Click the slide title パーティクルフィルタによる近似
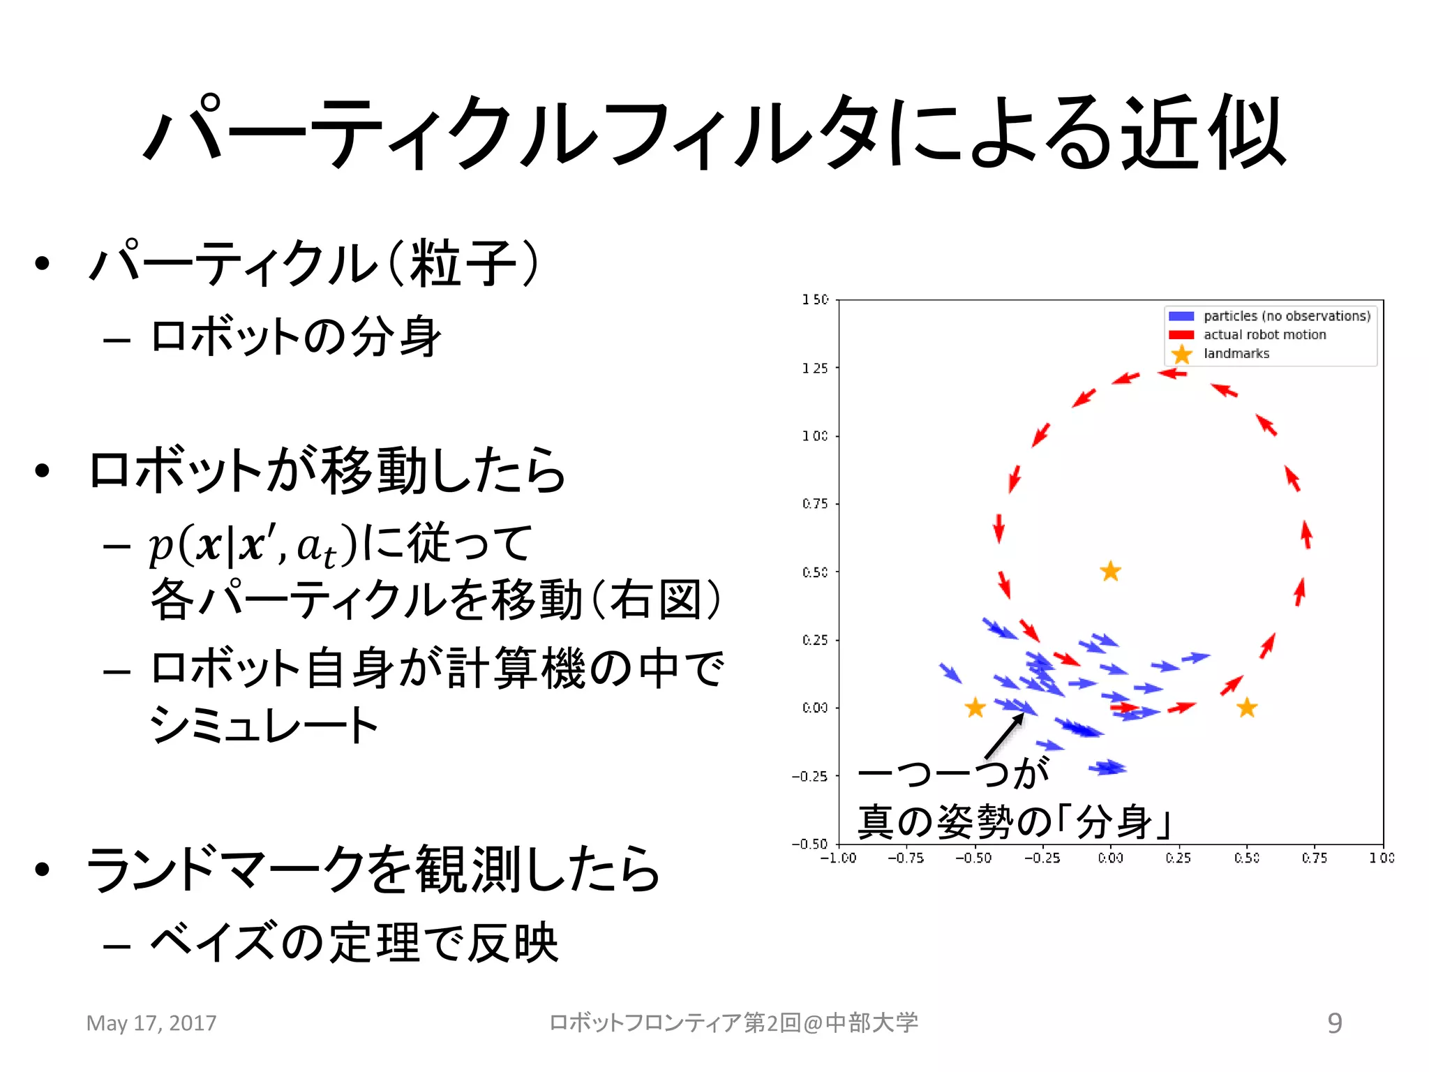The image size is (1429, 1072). [714, 133]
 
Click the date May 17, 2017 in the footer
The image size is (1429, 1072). [151, 1023]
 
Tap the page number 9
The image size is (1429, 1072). [1334, 1023]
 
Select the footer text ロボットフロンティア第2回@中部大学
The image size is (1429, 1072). [733, 1023]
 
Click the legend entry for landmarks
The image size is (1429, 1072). [1236, 354]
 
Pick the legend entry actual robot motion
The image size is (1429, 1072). [1264, 335]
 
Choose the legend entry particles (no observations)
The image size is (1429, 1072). [1287, 316]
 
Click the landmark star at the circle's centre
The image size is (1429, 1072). [1110, 572]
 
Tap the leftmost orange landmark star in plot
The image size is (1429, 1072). [975, 708]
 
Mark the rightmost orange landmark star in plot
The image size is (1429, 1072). [1247, 708]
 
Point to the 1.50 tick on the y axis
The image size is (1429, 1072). [815, 299]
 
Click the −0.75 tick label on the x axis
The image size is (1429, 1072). [905, 858]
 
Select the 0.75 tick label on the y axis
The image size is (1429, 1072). [815, 504]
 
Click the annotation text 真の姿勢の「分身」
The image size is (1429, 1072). [1013, 821]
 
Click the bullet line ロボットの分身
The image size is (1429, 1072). [296, 337]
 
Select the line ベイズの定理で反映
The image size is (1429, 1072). [354, 943]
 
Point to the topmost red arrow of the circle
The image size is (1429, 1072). [1172, 373]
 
